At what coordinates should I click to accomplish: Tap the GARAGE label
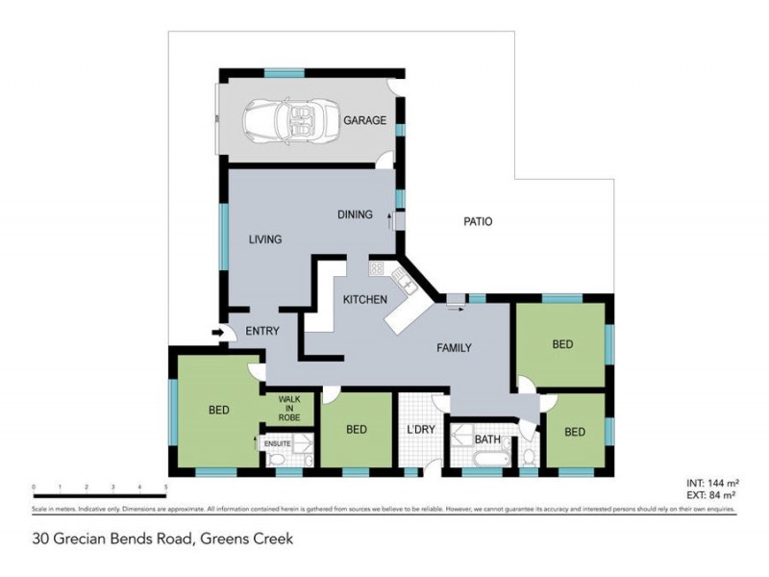click(365, 121)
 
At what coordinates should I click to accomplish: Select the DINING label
click(355, 214)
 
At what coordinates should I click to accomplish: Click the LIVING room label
click(264, 239)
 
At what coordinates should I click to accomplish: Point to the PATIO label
click(478, 221)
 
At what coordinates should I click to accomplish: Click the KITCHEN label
click(365, 300)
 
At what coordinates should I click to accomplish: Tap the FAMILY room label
click(454, 348)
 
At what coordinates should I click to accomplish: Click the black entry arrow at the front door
click(218, 333)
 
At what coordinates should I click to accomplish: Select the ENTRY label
click(261, 332)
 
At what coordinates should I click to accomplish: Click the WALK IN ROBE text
click(290, 408)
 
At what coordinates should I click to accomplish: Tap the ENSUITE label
click(278, 443)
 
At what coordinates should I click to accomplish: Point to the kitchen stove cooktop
click(376, 269)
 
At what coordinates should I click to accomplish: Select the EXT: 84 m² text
click(709, 497)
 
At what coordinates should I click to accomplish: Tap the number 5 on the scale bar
click(166, 488)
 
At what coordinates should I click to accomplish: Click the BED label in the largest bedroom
click(219, 411)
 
